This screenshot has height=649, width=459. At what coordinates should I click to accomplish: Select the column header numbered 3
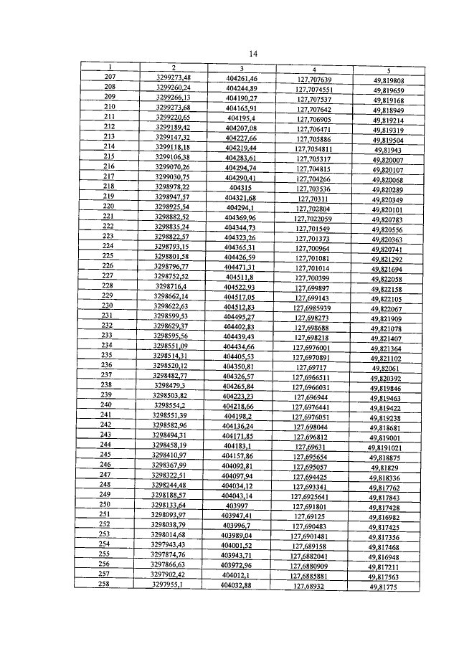click(242, 68)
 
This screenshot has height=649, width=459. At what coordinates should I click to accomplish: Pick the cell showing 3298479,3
click(170, 385)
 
